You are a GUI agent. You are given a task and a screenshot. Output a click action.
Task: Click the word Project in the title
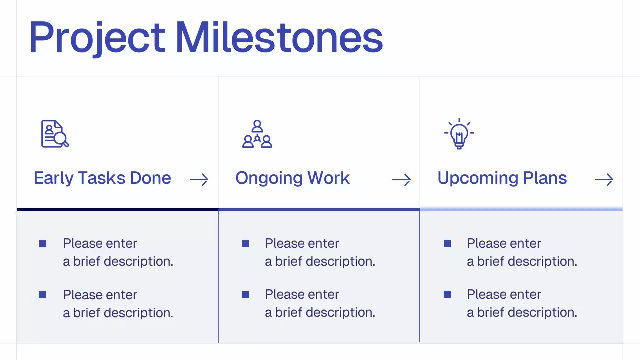pos(97,38)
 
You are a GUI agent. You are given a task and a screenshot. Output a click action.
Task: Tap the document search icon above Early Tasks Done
pos(54,134)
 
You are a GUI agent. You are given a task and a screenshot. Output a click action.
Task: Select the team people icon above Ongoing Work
pos(257,134)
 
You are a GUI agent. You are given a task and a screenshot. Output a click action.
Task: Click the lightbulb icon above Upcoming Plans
pos(459,134)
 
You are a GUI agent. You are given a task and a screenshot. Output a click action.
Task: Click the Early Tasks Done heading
pos(102,178)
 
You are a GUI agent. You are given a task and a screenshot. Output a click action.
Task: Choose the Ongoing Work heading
pos(292,178)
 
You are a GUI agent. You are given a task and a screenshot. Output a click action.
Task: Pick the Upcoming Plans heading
pos(502,178)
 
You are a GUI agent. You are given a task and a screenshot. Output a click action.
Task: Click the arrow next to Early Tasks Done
pos(199,180)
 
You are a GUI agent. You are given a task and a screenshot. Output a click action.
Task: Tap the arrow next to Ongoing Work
pos(401,180)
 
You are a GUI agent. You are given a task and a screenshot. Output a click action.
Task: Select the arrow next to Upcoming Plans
pos(604,180)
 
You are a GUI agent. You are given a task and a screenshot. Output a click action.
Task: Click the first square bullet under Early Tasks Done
pos(43,244)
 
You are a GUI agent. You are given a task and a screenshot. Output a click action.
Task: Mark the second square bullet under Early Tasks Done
pos(43,295)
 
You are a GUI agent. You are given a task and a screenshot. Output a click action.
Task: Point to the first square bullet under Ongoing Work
pos(245,243)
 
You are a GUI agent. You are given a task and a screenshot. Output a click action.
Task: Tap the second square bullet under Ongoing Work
pos(245,295)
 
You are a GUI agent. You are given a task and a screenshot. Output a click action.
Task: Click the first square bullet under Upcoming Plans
pos(447,243)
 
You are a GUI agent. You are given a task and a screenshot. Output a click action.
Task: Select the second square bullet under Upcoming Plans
pos(447,295)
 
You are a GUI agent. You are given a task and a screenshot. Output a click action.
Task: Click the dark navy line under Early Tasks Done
pos(117,209)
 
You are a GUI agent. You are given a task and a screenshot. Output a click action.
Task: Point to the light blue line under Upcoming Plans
pos(521,209)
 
